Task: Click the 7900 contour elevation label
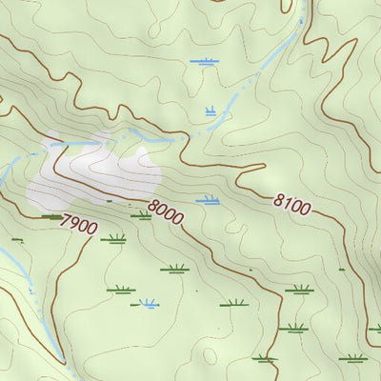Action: (78, 226)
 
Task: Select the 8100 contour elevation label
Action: (291, 204)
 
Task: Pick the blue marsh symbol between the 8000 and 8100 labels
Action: (207, 200)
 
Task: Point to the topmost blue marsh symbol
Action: (203, 62)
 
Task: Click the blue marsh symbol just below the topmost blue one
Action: (211, 111)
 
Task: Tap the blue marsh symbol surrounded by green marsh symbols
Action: (149, 304)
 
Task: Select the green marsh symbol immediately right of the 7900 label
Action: (113, 238)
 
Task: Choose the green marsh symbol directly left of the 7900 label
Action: (50, 216)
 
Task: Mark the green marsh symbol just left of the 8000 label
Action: (141, 215)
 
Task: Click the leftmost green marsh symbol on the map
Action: (16, 239)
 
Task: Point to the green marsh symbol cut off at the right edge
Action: (375, 329)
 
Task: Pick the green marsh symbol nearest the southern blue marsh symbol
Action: (120, 289)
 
